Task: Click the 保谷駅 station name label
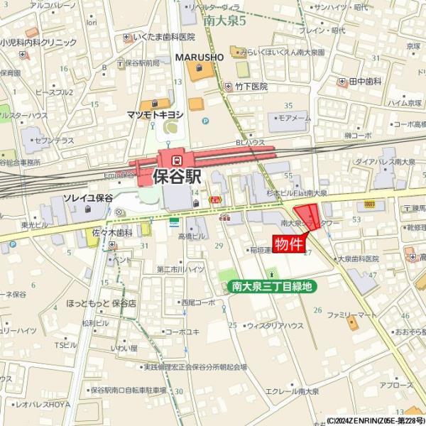(x=177, y=176)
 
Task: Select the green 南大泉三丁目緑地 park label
(x=272, y=287)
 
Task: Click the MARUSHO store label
(x=200, y=56)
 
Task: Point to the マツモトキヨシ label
(x=155, y=114)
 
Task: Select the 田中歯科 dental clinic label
(x=370, y=82)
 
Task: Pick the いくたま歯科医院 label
(x=163, y=36)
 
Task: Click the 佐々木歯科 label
(x=112, y=232)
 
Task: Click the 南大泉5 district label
(x=224, y=21)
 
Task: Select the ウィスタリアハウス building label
(x=275, y=326)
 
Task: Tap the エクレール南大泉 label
(x=291, y=391)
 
